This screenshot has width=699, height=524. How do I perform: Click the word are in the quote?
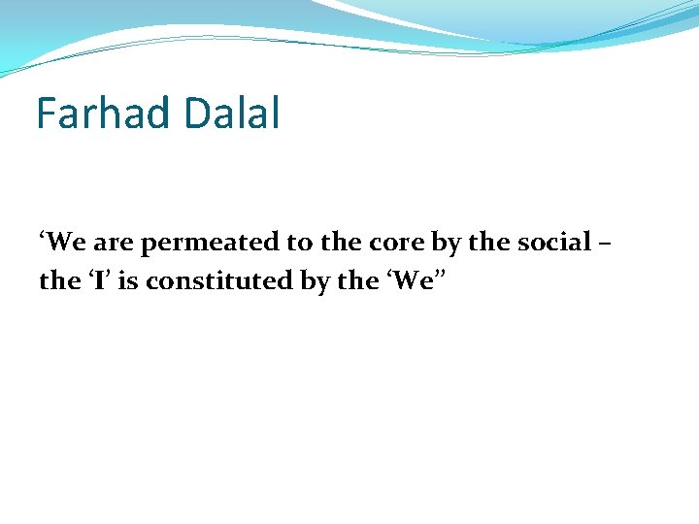111,242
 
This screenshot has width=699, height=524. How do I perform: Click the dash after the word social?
605,242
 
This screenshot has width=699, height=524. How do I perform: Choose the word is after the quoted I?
116,281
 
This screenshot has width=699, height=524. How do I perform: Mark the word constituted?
197,281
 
